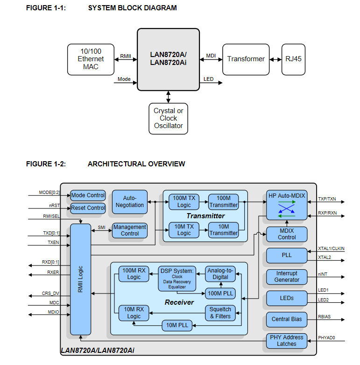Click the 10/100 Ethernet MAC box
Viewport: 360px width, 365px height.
[x=91, y=59]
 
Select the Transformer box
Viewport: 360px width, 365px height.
[x=246, y=59]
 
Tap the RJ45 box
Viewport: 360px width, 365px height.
[x=294, y=59]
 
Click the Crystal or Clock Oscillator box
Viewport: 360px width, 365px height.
[x=169, y=119]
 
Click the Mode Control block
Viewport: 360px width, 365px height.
[x=88, y=195]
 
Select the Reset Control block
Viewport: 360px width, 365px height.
[x=88, y=208]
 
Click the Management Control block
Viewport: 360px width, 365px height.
[x=130, y=230]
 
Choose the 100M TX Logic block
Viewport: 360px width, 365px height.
[x=184, y=202]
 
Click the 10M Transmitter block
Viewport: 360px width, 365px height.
[x=223, y=230]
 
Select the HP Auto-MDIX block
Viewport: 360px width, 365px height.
[x=287, y=205]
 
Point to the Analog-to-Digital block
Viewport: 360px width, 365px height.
[x=220, y=274]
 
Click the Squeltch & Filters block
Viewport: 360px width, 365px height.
[x=220, y=313]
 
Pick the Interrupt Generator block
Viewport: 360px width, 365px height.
[x=287, y=277]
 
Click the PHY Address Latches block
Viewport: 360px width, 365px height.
[x=287, y=341]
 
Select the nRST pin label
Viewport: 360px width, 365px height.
[x=54, y=205]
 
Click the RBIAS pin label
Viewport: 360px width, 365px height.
[x=325, y=317]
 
